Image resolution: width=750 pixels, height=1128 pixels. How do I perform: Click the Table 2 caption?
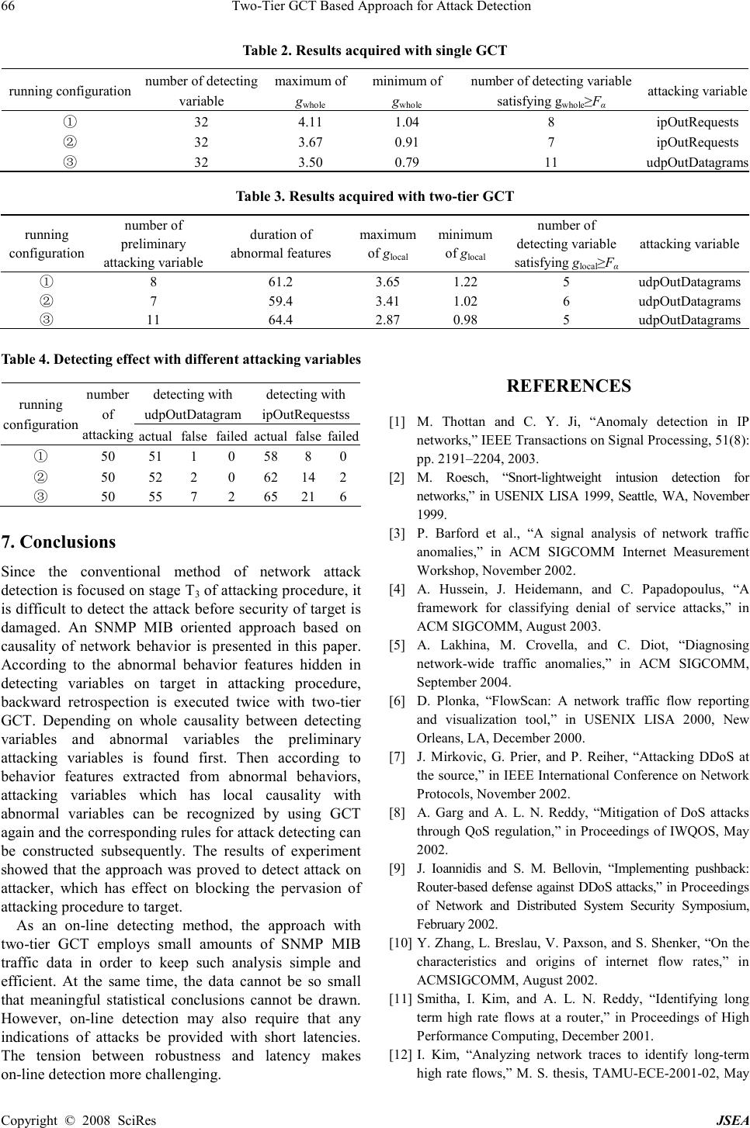click(x=375, y=51)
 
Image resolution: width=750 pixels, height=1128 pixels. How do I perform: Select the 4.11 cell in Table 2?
click(x=311, y=122)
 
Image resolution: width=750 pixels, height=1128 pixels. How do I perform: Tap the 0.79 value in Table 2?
click(x=408, y=162)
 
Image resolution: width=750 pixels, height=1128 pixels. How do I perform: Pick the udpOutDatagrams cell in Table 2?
click(x=697, y=162)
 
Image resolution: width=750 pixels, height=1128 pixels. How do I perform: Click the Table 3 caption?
click(x=375, y=196)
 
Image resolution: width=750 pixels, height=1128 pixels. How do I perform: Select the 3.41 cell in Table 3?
click(x=387, y=301)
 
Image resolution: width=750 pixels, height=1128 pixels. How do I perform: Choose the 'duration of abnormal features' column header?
click(x=280, y=244)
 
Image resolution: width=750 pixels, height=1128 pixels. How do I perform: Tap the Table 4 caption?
click(x=181, y=360)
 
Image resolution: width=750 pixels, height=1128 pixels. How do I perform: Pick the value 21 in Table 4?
click(x=308, y=497)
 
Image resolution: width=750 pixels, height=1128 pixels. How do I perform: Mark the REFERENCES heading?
click(x=568, y=386)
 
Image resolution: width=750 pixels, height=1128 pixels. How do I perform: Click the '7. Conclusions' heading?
click(x=59, y=542)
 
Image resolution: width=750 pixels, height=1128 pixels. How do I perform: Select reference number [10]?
click(x=401, y=943)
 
